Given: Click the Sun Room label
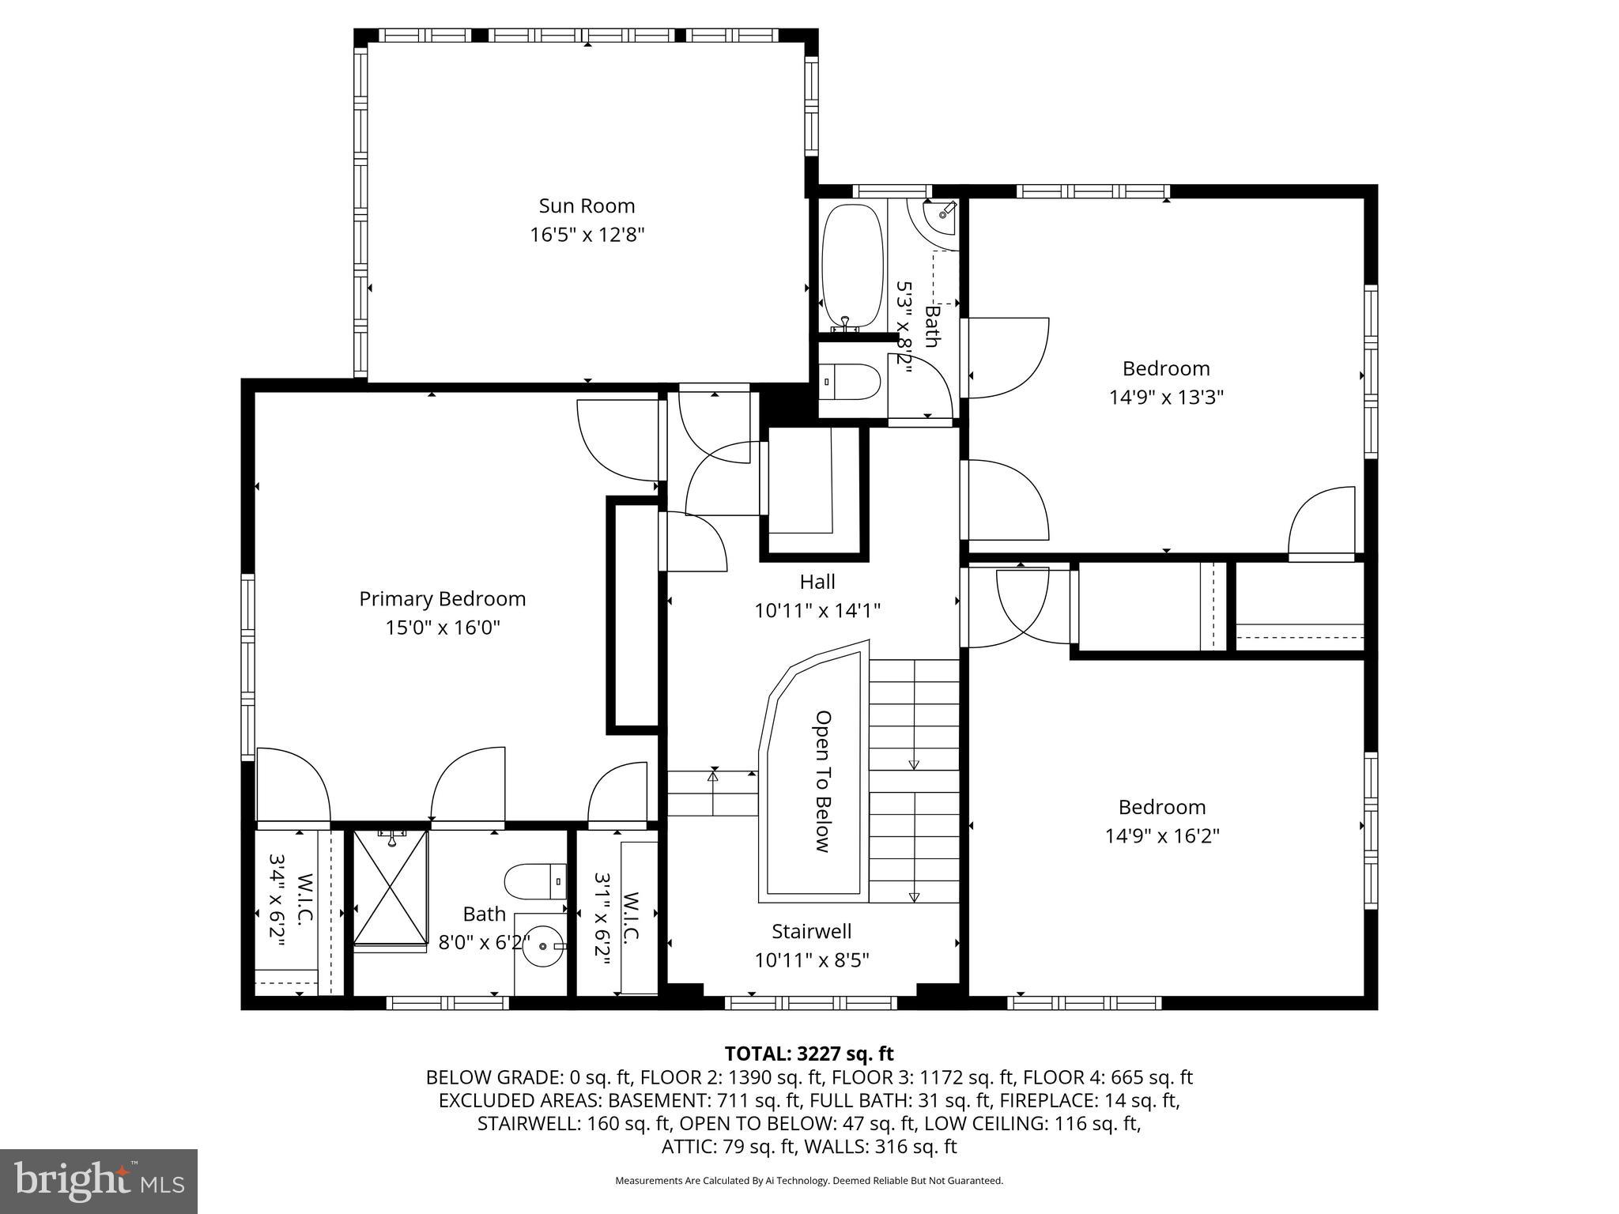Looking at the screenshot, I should point(587,206).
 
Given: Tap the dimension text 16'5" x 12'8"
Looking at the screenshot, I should point(587,236).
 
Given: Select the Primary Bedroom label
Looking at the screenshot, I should point(442,599).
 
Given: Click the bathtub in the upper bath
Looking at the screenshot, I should point(851,266).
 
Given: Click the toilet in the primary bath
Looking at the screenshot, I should point(534,881).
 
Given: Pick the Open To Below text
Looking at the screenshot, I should point(823,781).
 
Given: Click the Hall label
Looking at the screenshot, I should point(817,582).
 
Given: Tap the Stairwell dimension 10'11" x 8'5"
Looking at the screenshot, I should point(811,960).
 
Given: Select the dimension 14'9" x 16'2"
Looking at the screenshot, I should point(1161,836).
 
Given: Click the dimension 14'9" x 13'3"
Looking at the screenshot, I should point(1166,398).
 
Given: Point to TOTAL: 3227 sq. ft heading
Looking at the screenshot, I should point(808,1054).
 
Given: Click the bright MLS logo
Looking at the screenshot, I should point(99,1182).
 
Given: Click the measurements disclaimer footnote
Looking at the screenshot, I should point(808,1181).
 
